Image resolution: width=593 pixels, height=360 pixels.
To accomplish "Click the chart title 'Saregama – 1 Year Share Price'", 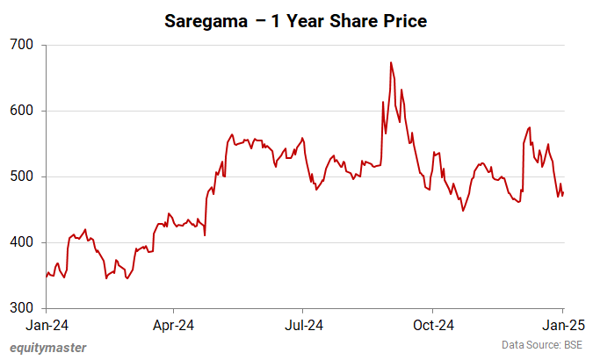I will coord(296,21).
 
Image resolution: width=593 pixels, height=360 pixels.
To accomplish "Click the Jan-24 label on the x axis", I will coord(47,324).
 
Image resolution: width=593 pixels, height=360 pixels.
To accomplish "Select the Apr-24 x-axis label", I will coord(173,324).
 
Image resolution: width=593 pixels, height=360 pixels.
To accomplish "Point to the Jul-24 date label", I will coord(302,324).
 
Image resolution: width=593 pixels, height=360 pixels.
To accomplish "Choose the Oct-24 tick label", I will coord(432,324).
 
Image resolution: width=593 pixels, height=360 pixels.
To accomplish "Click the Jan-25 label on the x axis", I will coord(562,324).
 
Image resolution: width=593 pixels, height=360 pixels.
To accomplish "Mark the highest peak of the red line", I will coord(390,62).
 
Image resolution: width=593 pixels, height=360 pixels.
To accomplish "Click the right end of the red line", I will coord(563,194).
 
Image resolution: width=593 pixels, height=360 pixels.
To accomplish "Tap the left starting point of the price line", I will coord(47,277).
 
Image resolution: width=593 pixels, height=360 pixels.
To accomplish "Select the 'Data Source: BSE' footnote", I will coord(541,345).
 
